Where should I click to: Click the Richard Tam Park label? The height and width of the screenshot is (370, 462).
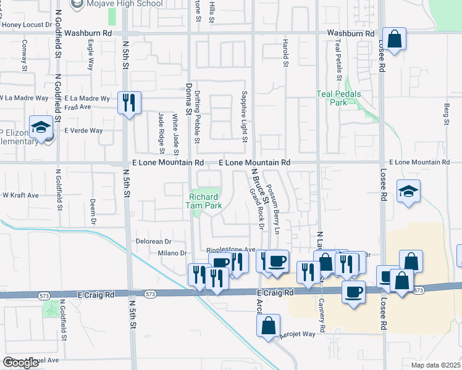coord(204,202)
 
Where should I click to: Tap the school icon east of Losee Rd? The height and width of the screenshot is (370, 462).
coord(408,191)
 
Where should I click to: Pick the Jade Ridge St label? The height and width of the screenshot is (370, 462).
coord(161,132)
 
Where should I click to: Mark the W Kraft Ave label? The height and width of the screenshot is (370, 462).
coord(20,195)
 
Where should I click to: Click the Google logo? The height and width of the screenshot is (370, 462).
coord(21,362)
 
